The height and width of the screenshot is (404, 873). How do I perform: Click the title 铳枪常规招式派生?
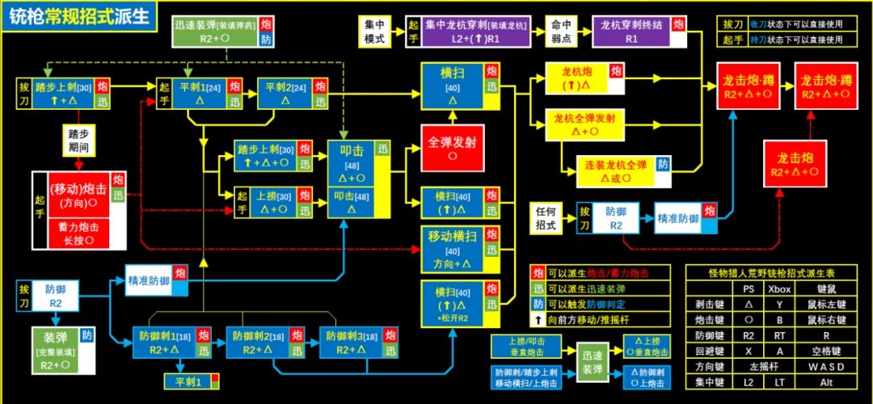tap(78, 17)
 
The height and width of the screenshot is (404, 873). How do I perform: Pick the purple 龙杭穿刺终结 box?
tap(630, 32)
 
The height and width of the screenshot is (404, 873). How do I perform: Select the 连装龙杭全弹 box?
tap(616, 170)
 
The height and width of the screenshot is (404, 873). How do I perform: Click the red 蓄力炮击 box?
tap(78, 234)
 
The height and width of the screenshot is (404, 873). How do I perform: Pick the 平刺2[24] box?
tap(286, 94)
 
